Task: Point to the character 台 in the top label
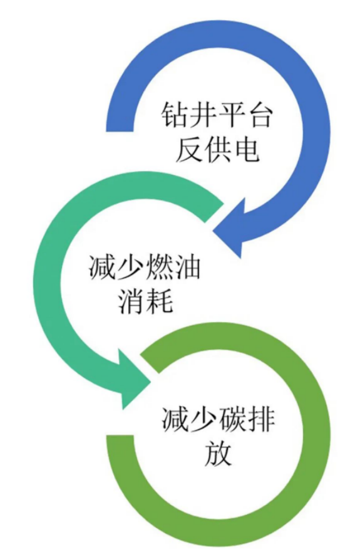(x=259, y=115)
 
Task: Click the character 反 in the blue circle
(x=189, y=149)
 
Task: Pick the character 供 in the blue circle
(x=217, y=149)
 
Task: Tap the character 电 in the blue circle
(x=245, y=149)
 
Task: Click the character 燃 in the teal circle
(x=158, y=267)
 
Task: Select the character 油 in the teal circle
(x=187, y=267)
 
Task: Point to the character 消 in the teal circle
(x=131, y=301)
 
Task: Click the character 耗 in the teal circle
(x=158, y=301)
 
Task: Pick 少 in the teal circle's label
(x=131, y=267)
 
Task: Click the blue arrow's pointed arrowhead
(x=213, y=231)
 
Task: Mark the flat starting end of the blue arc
(x=120, y=130)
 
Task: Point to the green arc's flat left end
(x=120, y=437)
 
